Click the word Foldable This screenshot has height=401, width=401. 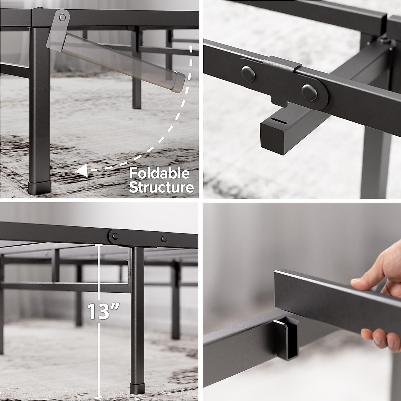coord(159,173)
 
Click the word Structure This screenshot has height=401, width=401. coord(161,187)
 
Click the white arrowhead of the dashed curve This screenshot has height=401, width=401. coord(81,171)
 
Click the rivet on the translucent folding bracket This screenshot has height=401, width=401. coord(62,17)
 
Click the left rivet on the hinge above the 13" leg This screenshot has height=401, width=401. coord(115,236)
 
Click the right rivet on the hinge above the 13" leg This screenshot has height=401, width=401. coord(164,239)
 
